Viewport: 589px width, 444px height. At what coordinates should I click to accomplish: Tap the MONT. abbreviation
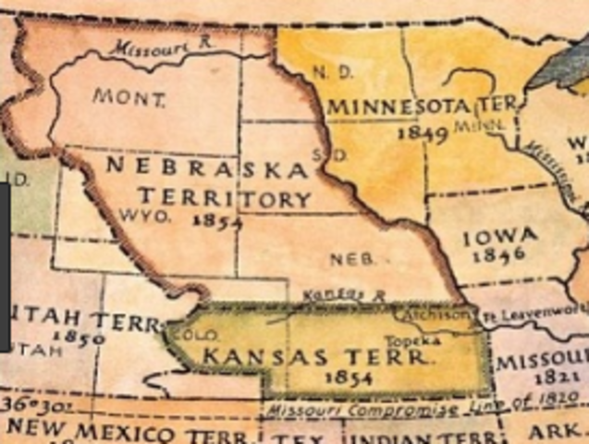[x=129, y=96]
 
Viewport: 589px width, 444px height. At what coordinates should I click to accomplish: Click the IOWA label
[x=499, y=238]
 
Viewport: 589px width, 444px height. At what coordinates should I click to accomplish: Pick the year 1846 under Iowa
[x=498, y=256]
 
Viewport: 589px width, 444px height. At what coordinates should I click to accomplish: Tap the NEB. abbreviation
[x=352, y=261]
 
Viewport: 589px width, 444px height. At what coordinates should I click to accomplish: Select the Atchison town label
[x=449, y=314]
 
